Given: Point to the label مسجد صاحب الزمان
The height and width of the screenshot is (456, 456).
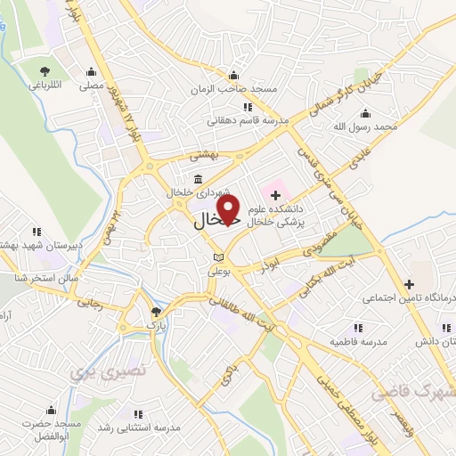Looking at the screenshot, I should (x=233, y=90).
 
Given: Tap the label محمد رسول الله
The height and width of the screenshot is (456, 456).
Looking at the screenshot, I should (x=365, y=128).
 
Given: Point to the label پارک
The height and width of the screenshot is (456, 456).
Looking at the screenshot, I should (x=157, y=325).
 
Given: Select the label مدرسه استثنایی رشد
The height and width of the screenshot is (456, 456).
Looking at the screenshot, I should (x=137, y=428).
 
